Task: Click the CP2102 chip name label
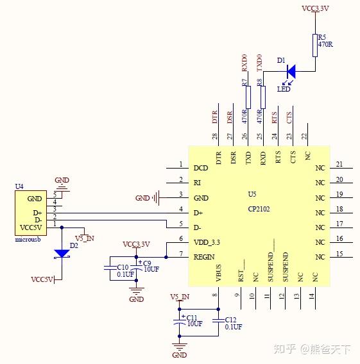coord(259,209)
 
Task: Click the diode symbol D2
coord(62,253)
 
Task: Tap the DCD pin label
coord(201,168)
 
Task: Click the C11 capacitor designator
coord(192,317)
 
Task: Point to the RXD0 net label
coord(244,63)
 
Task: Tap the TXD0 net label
coord(259,63)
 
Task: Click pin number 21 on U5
coord(339,164)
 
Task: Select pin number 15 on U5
coord(339,254)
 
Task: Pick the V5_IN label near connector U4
coord(85,238)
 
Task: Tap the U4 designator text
coord(19,186)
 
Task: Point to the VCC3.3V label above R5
coord(315,10)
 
